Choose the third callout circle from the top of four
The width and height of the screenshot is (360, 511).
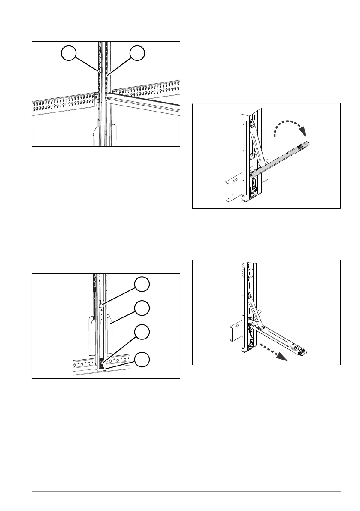[142, 333]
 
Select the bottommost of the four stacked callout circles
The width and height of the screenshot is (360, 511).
[142, 358]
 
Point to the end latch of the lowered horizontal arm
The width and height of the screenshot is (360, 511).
[303, 351]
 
